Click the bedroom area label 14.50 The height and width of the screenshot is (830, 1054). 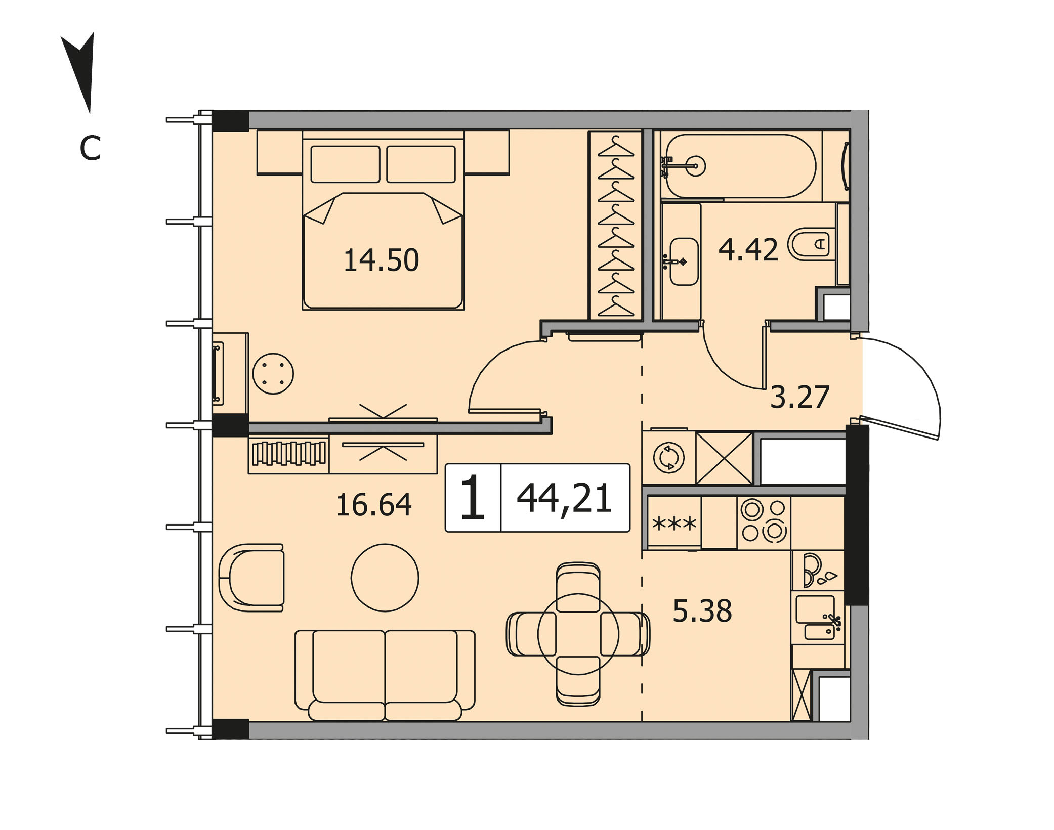tap(381, 260)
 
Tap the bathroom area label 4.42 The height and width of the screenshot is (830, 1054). tap(748, 249)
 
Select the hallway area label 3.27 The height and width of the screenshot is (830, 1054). tap(800, 397)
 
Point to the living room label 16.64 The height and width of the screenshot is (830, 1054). tap(374, 505)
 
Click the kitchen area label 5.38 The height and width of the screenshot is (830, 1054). tap(702, 610)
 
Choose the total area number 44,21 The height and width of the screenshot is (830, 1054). tap(564, 498)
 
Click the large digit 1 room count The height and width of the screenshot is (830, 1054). tap(473, 498)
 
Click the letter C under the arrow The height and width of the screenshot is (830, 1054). tap(91, 148)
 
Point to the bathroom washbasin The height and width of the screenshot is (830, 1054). tap(684, 261)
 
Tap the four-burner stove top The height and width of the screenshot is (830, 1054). tap(764, 521)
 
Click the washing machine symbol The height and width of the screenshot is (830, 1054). tap(669, 458)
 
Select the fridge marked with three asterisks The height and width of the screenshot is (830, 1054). tap(674, 523)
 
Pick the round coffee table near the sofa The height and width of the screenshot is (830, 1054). tap(385, 578)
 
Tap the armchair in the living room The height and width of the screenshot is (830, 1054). tap(251, 578)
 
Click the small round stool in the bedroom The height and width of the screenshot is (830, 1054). tap(273, 374)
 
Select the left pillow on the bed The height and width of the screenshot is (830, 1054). tap(346, 164)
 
